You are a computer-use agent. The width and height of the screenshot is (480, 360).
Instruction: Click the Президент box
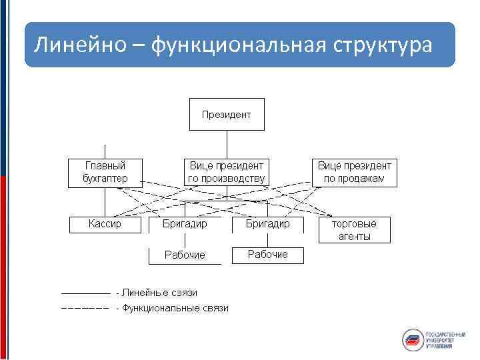coord(227,114)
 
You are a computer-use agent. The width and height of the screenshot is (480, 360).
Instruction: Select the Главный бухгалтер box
coord(105,172)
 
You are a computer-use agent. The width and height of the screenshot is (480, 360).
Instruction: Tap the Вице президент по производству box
coord(227,172)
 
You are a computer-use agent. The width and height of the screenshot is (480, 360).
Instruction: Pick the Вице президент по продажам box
coord(354,172)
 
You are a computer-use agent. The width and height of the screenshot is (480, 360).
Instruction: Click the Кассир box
coord(105,225)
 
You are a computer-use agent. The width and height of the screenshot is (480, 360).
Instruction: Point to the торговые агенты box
coord(354,230)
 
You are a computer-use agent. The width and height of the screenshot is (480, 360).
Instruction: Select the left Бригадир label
coord(185,225)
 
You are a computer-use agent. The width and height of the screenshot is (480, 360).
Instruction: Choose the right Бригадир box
coord(267,225)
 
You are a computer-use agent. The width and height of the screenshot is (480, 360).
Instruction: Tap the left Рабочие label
coord(185,255)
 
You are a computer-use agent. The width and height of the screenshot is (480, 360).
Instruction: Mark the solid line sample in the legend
coord(85,293)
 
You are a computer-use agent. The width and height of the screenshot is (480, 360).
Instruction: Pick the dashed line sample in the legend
coord(85,308)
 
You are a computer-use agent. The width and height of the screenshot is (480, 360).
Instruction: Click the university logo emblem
coord(412,339)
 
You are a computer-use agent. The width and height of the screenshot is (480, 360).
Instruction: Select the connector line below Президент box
coord(227,143)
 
